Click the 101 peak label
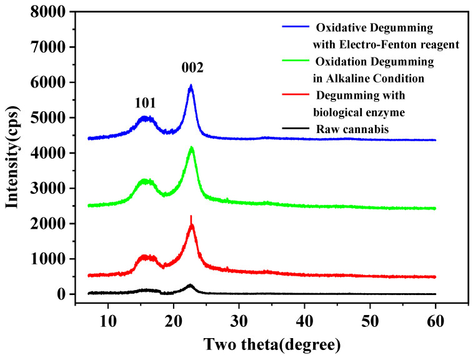pyautogui.click(x=145, y=102)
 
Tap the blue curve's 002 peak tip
pyautogui.click(x=191, y=86)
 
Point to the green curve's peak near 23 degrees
pyautogui.click(x=191, y=147)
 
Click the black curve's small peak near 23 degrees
pyautogui.click(x=190, y=285)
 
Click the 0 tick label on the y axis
pyautogui.click(x=62, y=294)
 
